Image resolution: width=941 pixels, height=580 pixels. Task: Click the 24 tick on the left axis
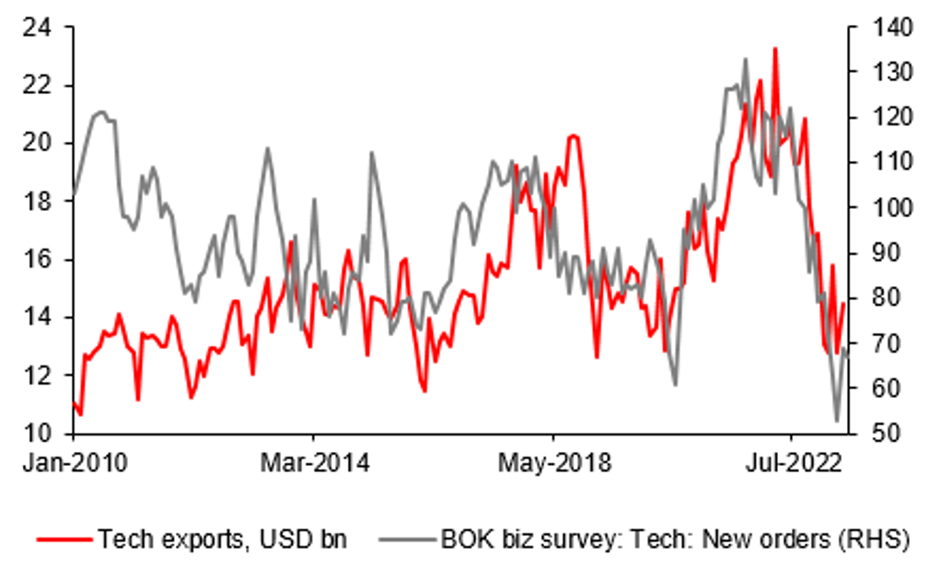tap(36, 29)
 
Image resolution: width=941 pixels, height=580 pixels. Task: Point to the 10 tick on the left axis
tap(36, 433)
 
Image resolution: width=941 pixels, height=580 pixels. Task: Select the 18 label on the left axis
tap(36, 202)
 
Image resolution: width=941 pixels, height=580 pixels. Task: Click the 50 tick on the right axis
tap(871, 433)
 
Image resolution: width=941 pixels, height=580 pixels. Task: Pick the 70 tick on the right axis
tap(871, 343)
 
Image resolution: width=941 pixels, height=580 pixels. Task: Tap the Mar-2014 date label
tap(313, 463)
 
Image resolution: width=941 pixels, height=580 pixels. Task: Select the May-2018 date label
tap(553, 463)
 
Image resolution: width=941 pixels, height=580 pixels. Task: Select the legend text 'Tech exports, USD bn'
tap(222, 539)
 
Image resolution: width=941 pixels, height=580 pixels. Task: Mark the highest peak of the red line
tap(775, 48)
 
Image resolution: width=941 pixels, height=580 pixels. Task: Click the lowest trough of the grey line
tap(837, 421)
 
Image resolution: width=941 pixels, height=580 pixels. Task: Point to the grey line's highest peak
tap(744, 59)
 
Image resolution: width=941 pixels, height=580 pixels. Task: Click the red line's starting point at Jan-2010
tap(73, 402)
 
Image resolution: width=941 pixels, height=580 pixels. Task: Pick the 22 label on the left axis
tap(36, 86)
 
